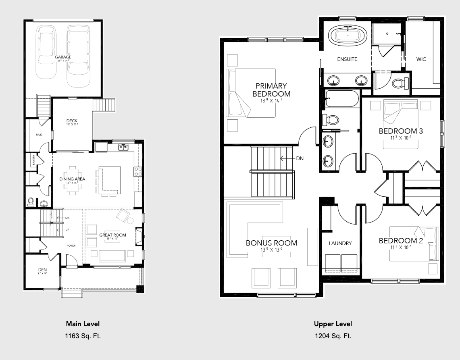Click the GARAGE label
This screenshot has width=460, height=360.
click(63, 57)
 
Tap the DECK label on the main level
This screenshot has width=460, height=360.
click(72, 121)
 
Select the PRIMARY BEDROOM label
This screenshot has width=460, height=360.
click(271, 89)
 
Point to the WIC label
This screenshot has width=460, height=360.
click(421, 59)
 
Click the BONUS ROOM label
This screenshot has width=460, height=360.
click(271, 243)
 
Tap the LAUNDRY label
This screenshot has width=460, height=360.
click(340, 243)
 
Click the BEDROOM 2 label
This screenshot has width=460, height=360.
click(400, 241)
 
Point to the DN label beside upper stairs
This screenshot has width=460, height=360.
click(300, 158)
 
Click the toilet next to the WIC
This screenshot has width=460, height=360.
click(399, 83)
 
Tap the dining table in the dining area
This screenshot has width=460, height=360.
click(73, 180)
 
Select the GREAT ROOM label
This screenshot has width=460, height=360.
click(112, 235)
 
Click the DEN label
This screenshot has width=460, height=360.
click(43, 270)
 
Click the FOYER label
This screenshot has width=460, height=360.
click(71, 246)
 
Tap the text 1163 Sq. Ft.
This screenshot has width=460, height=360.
click(83, 335)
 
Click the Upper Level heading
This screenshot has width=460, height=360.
click(333, 324)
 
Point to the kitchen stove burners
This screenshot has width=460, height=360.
click(137, 171)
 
